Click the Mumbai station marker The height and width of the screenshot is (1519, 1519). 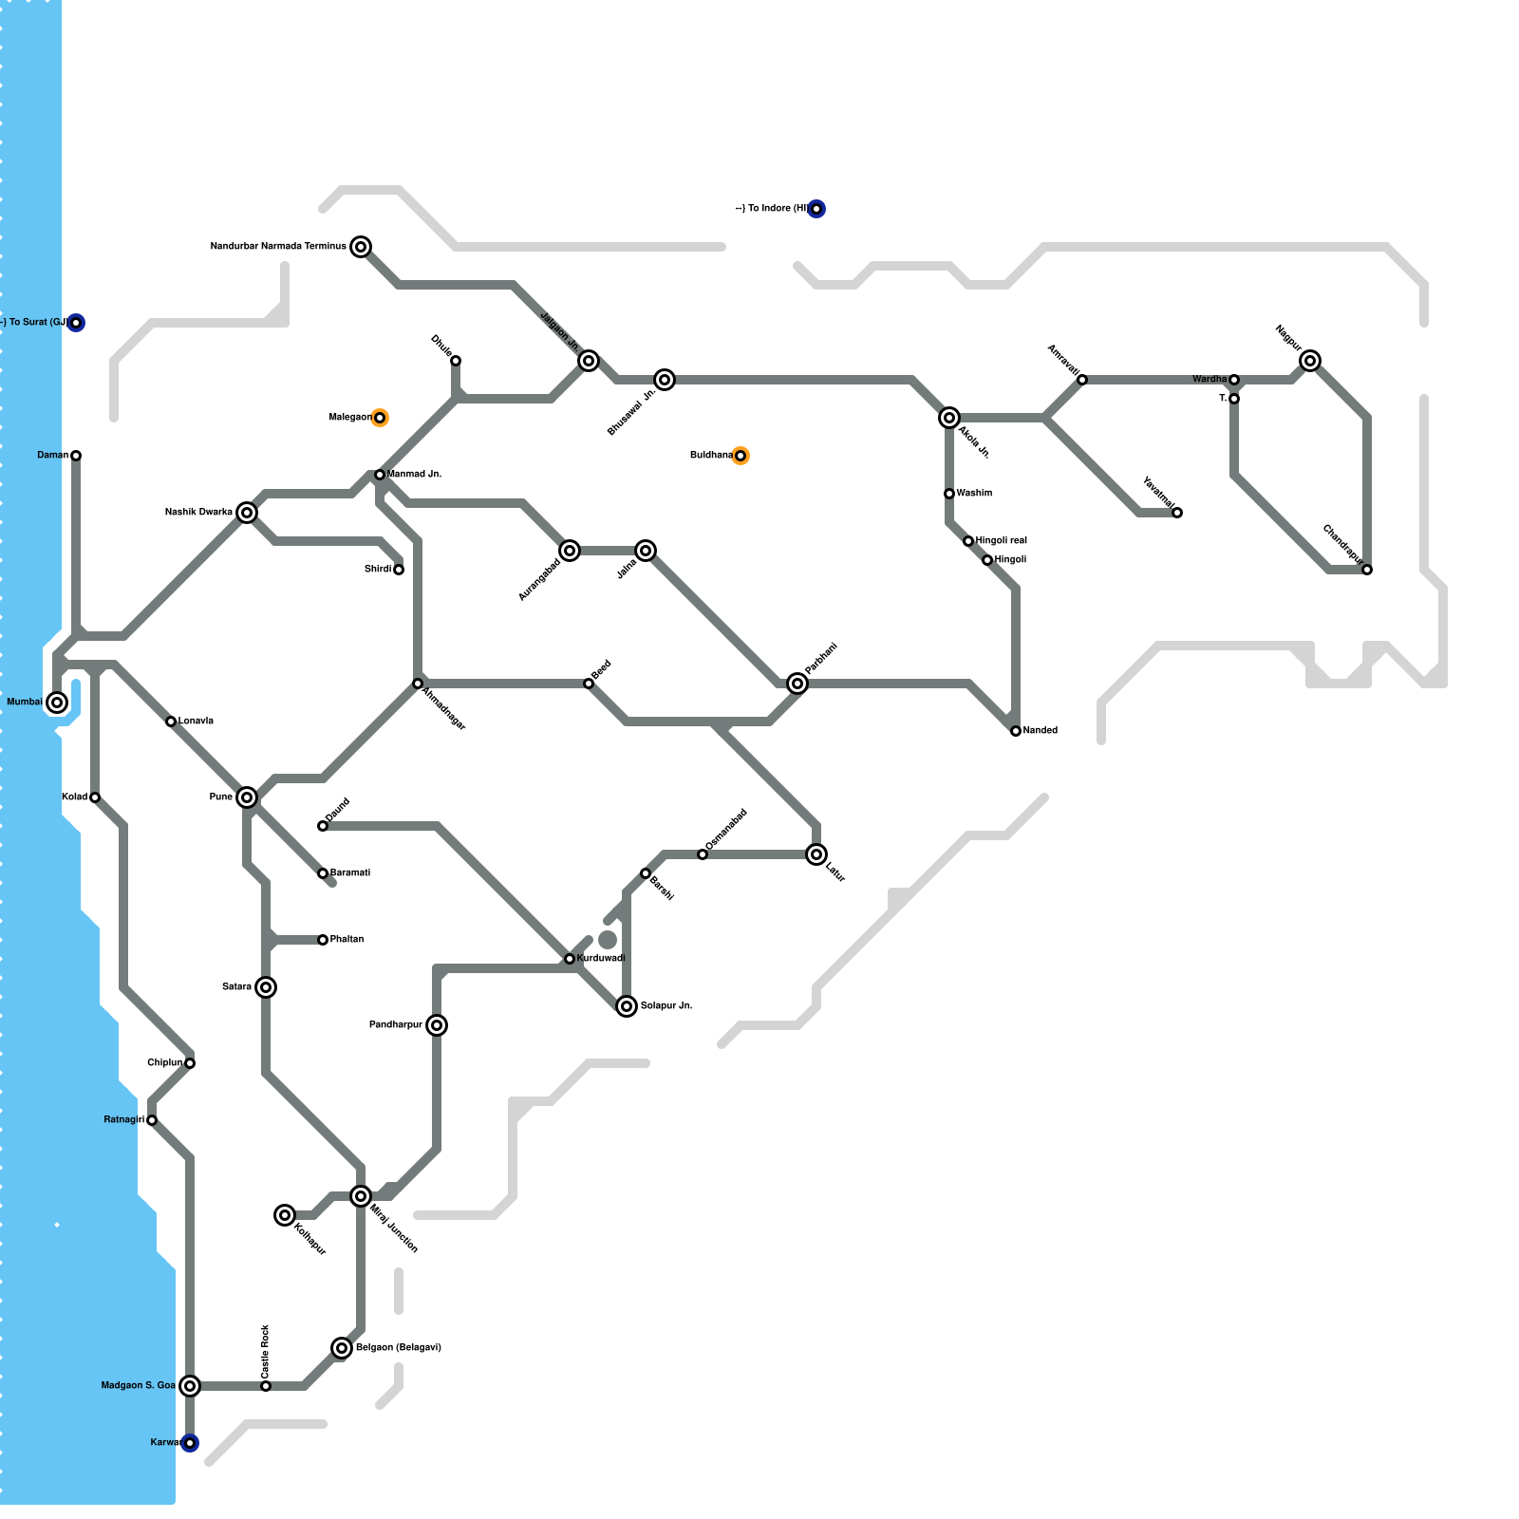pos(57,703)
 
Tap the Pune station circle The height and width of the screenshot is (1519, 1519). pos(247,797)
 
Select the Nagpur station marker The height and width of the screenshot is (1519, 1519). pos(1310,361)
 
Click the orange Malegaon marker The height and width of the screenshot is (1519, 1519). pos(380,418)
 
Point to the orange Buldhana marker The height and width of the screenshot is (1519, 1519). pos(741,456)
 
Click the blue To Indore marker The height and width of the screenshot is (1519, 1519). pos(816,209)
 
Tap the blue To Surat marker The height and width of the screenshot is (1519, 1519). pos(76,323)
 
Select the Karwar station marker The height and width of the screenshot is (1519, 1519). pos(190,1443)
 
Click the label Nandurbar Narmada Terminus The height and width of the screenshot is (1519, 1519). pos(278,247)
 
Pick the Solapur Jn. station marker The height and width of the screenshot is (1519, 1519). pos(627,1006)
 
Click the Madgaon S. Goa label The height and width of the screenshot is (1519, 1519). pos(139,1386)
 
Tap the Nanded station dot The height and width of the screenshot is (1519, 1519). pos(1016,731)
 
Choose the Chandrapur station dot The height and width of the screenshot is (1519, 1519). pos(1367,570)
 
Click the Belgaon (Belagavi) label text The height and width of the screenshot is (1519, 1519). pos(399,1348)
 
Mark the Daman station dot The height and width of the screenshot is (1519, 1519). pos(76,456)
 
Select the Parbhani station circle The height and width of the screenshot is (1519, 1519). pos(797,684)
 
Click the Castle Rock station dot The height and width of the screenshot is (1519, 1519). pos(266,1386)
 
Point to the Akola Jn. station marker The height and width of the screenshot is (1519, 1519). pos(949,418)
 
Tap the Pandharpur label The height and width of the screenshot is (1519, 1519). pos(396,1025)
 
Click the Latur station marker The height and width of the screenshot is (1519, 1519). pos(816,854)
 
